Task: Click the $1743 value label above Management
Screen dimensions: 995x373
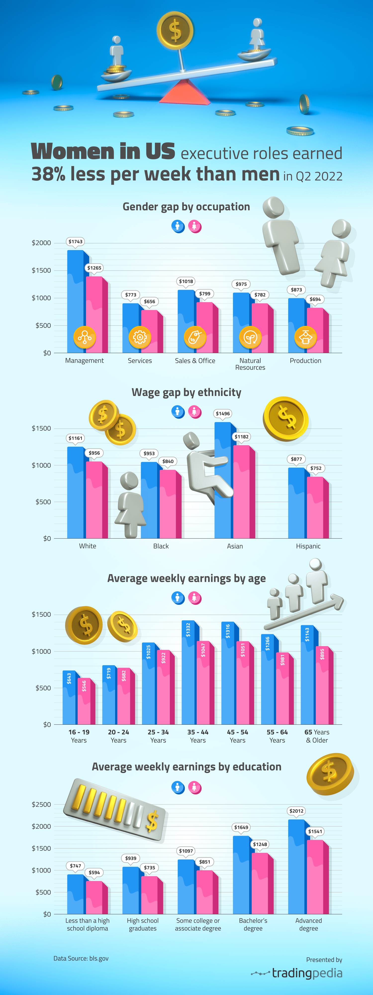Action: coord(75,241)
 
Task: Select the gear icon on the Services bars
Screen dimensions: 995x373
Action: coord(140,337)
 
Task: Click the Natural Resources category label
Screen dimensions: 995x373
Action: coord(250,364)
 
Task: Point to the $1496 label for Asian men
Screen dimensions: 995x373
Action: coord(223,413)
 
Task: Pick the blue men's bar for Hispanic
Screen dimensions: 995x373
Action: coord(296,502)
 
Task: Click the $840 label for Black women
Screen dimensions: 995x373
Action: coord(168,461)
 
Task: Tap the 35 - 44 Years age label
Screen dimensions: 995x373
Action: coord(198,736)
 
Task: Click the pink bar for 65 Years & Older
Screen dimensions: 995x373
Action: coord(323,688)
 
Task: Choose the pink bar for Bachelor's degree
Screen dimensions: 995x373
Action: coord(260,884)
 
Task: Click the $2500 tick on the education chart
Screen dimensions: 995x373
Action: coord(41,804)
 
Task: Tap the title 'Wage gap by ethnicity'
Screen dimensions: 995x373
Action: coord(186,392)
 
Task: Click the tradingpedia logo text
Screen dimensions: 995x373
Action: coord(307,973)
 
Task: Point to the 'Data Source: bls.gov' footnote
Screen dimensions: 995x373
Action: coord(81,958)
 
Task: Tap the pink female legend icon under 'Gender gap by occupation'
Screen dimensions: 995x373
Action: coord(195,226)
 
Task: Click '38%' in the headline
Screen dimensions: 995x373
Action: coord(48,174)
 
